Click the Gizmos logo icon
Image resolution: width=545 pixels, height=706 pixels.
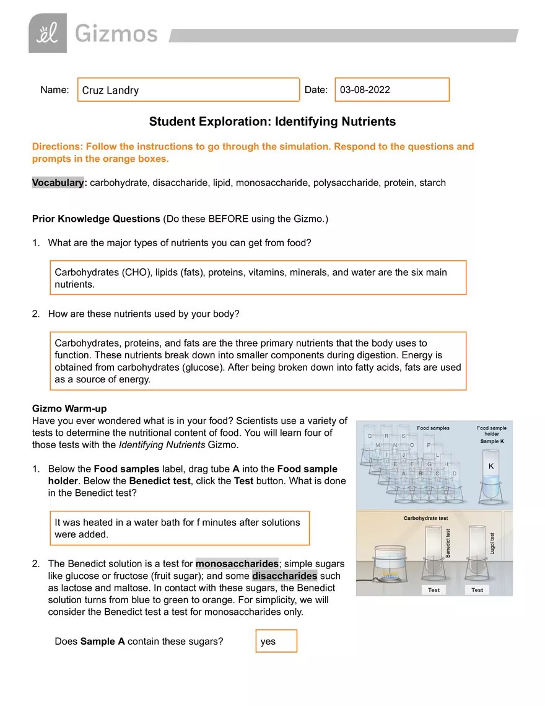point(48,33)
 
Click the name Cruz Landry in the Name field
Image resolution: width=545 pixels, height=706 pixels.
point(111,90)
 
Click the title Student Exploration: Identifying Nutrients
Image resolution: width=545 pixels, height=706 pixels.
point(272,121)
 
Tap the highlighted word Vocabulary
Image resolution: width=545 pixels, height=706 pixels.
point(58,183)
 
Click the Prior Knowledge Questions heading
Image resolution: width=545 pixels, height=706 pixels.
point(95,219)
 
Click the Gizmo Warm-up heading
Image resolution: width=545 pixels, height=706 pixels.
point(69,408)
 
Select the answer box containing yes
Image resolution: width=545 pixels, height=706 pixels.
point(276,642)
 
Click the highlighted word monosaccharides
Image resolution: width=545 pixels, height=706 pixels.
point(237,564)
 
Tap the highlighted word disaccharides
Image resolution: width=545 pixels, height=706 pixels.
point(284,576)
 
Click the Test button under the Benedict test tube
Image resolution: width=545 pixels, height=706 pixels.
point(434,589)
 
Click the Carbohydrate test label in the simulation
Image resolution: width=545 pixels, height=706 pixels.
point(425,518)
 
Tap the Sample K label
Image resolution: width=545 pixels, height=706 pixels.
point(492,442)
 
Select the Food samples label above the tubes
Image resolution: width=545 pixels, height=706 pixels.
point(433,428)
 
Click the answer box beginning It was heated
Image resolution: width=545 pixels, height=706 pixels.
point(179,528)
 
